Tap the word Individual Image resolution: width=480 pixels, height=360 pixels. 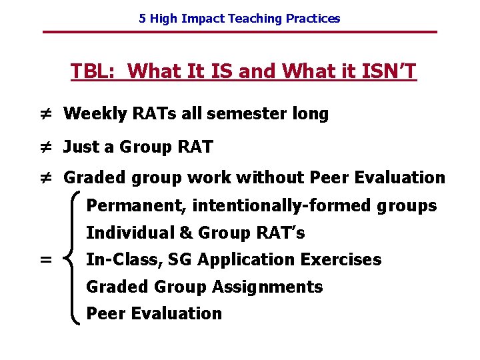tap(122, 233)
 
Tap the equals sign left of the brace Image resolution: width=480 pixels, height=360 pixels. tap(45, 260)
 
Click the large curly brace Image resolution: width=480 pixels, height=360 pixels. tap(73, 259)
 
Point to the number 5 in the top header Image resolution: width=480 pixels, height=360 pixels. tap(142, 19)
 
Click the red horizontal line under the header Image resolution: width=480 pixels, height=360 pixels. tap(239, 32)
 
